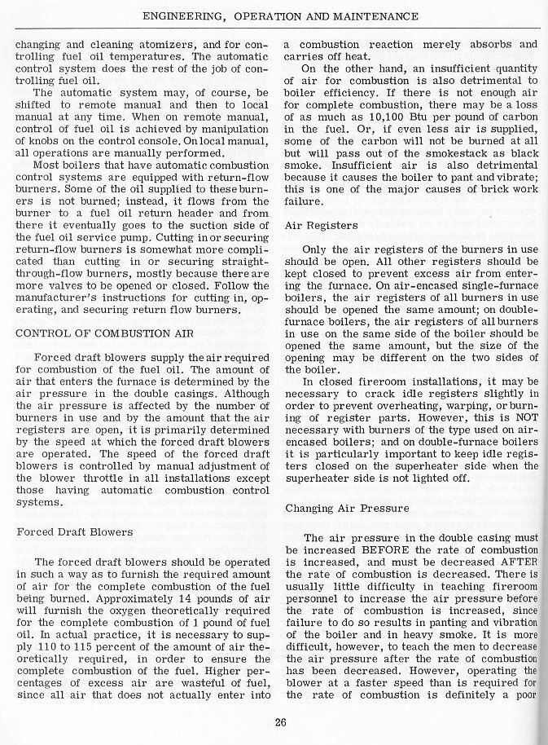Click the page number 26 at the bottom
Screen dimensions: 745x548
point(280,721)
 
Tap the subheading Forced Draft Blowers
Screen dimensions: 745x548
point(75,531)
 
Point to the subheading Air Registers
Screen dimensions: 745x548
point(323,224)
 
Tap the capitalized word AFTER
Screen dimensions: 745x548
point(520,562)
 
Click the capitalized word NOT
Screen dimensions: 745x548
point(526,429)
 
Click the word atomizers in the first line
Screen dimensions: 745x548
point(172,43)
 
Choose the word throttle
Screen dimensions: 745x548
point(102,478)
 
